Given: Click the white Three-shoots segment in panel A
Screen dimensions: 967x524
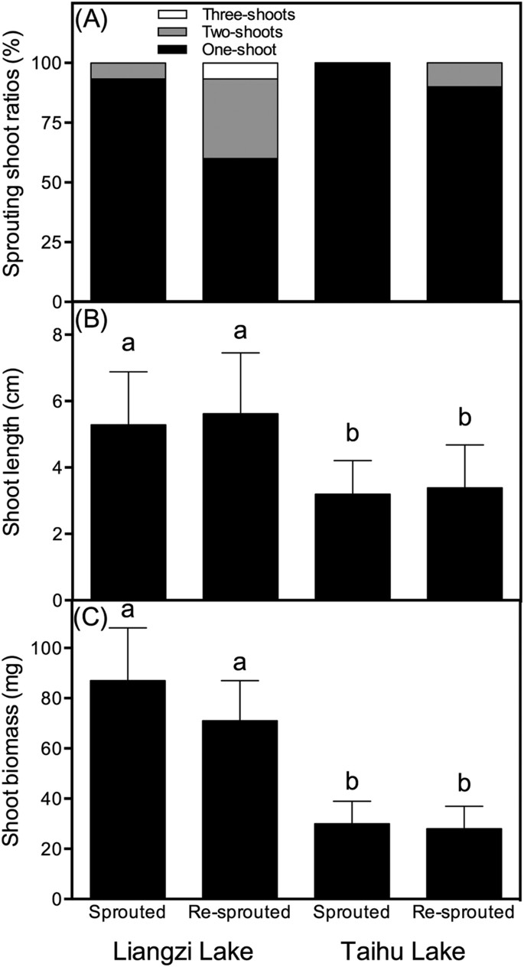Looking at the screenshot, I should [x=240, y=70].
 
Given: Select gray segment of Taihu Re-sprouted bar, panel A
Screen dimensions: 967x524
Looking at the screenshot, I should [x=464, y=74].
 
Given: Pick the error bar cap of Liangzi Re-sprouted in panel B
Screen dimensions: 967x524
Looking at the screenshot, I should [x=240, y=353].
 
